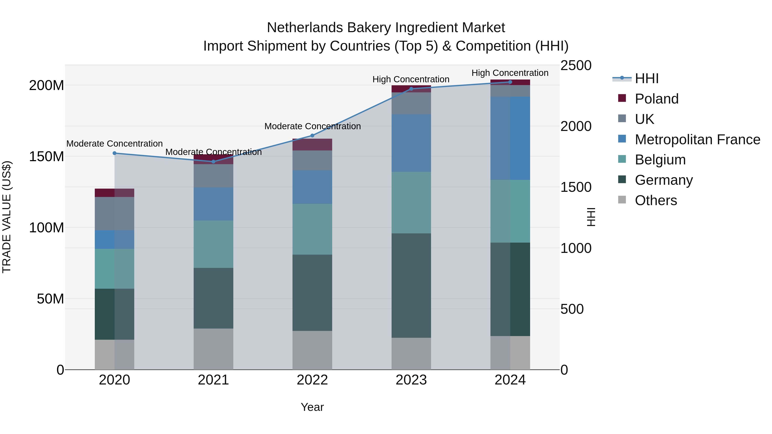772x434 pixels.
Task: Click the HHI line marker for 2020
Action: pos(115,153)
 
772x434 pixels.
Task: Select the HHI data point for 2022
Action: pos(312,135)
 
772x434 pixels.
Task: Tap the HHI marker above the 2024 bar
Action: pos(510,82)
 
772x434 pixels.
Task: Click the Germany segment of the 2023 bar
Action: pos(411,285)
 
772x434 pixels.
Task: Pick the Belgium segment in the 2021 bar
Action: pos(213,244)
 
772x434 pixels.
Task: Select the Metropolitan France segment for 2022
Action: pos(312,187)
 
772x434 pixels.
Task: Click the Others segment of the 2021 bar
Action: pos(213,349)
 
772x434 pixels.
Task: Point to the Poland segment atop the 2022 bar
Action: pos(312,144)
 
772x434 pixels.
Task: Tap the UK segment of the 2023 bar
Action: pos(411,103)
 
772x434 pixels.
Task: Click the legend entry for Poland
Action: pos(656,99)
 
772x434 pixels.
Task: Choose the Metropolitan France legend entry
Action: pos(697,140)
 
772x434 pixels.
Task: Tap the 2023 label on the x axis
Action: pos(411,380)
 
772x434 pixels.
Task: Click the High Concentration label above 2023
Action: pos(411,79)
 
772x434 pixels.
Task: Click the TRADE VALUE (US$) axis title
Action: pos(7,217)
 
